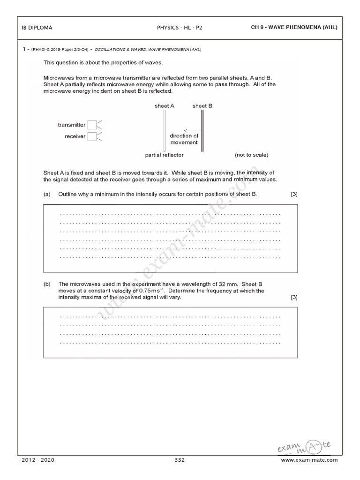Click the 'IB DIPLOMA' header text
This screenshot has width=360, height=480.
coord(37,28)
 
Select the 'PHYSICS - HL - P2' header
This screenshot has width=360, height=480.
coord(180,28)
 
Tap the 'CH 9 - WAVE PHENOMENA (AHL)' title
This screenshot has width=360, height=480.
coord(294,28)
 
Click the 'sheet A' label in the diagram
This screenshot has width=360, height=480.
coord(165,106)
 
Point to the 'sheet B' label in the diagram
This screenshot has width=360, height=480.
coord(202,106)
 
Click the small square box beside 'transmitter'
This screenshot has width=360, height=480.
coord(92,125)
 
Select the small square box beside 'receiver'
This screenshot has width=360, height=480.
coord(92,136)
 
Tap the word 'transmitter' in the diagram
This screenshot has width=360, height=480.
coord(72,125)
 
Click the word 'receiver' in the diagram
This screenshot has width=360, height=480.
coord(75,136)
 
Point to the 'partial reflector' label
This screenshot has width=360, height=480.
coord(165,155)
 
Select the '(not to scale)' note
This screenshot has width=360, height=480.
coord(252,155)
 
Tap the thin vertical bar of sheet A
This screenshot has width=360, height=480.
coord(165,131)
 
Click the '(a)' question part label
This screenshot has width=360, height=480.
coord(47,194)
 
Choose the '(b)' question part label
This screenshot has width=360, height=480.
coord(47,284)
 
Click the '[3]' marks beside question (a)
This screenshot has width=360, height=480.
coord(294,194)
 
